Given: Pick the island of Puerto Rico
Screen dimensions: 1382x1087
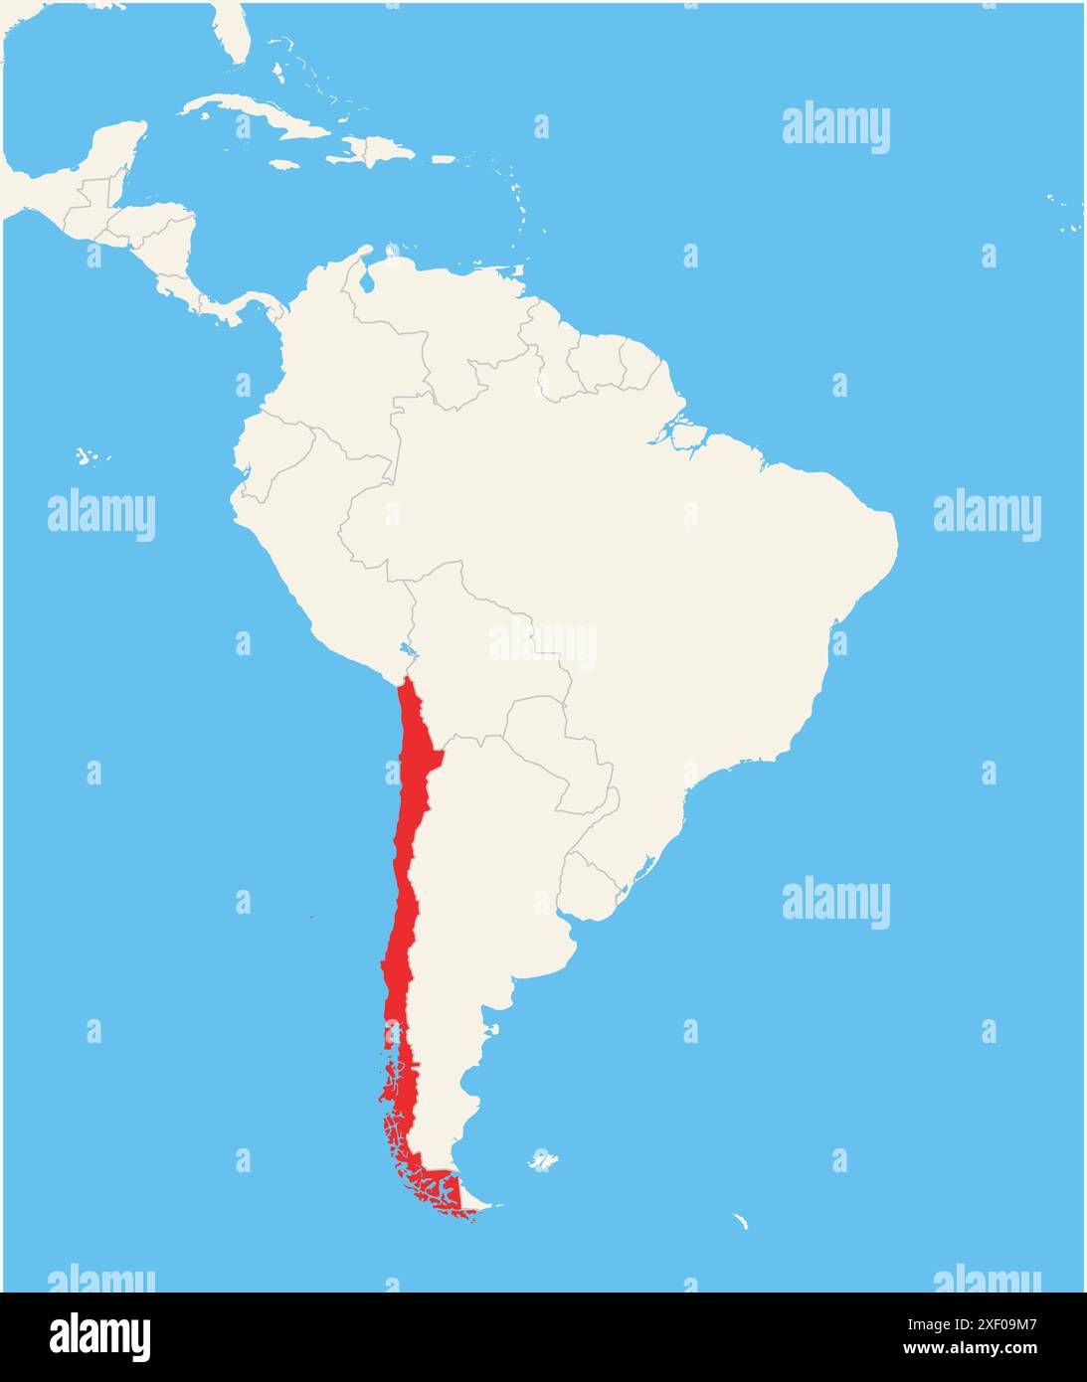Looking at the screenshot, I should tap(443, 159).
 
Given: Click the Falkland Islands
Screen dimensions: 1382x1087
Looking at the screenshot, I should tap(542, 1161).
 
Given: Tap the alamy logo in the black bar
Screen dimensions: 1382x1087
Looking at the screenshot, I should tap(99, 1336).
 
